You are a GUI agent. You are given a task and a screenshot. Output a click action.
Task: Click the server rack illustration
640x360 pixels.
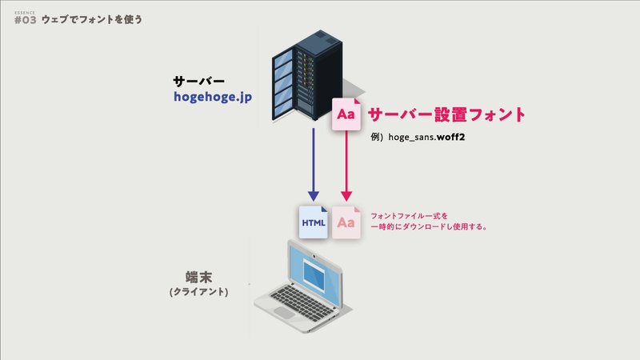click(307, 75)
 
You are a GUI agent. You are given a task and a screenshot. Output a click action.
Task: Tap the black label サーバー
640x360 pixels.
click(198, 82)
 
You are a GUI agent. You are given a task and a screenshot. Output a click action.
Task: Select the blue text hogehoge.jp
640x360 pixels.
click(213, 97)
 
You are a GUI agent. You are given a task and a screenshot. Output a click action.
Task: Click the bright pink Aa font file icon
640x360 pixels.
click(346, 114)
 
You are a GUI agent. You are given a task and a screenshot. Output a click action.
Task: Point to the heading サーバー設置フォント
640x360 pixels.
click(446, 114)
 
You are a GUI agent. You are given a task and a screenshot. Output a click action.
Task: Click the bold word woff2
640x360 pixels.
click(450, 137)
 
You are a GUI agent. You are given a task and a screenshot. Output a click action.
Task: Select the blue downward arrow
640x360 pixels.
click(314, 165)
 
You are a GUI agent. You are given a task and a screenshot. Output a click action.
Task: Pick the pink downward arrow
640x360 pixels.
click(346, 166)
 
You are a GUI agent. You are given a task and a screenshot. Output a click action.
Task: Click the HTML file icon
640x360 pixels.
click(314, 222)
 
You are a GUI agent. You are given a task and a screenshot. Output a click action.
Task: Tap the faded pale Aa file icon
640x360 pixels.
click(346, 222)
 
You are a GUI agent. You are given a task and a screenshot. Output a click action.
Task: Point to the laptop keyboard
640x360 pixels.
click(302, 300)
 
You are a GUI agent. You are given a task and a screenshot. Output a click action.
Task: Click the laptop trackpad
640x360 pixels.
click(284, 313)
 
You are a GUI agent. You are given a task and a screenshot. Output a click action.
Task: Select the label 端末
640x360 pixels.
click(198, 278)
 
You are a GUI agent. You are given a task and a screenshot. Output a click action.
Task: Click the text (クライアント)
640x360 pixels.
click(198, 292)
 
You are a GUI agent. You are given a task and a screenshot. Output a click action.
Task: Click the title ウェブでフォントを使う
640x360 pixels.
click(92, 19)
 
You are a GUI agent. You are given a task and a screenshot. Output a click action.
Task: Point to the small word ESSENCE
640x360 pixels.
click(25, 13)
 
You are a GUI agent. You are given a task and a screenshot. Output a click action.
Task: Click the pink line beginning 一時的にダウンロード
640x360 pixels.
click(429, 226)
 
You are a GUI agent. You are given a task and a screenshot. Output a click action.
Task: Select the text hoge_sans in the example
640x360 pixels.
click(412, 137)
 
